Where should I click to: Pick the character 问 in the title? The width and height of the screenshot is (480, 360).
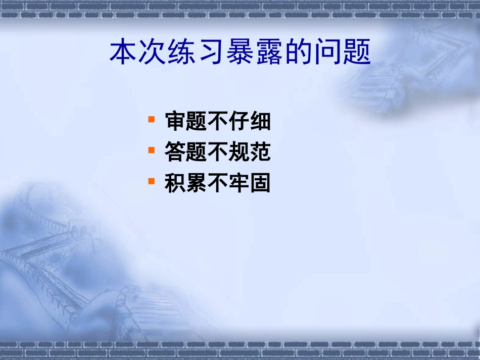pyautogui.click(x=329, y=52)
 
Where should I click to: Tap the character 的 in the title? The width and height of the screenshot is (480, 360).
pyautogui.click(x=300, y=52)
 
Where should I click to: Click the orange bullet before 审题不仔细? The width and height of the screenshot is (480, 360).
pyautogui.click(x=151, y=120)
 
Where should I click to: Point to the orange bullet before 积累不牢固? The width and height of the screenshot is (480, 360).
pyautogui.click(x=151, y=181)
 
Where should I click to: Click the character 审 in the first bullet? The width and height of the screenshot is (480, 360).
pyautogui.click(x=175, y=122)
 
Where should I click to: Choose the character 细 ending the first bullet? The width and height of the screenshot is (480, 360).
pyautogui.click(x=260, y=122)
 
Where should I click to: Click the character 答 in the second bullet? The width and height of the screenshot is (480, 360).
pyautogui.click(x=175, y=152)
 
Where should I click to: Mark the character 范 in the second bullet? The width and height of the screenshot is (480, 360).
pyautogui.click(x=260, y=152)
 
